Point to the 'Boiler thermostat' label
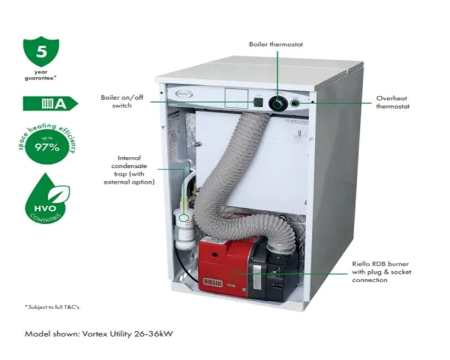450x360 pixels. [276, 44]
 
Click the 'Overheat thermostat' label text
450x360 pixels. [393, 102]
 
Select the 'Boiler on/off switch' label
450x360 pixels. [116, 102]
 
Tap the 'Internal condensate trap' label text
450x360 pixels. [129, 170]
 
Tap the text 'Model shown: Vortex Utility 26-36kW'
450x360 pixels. [98, 334]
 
